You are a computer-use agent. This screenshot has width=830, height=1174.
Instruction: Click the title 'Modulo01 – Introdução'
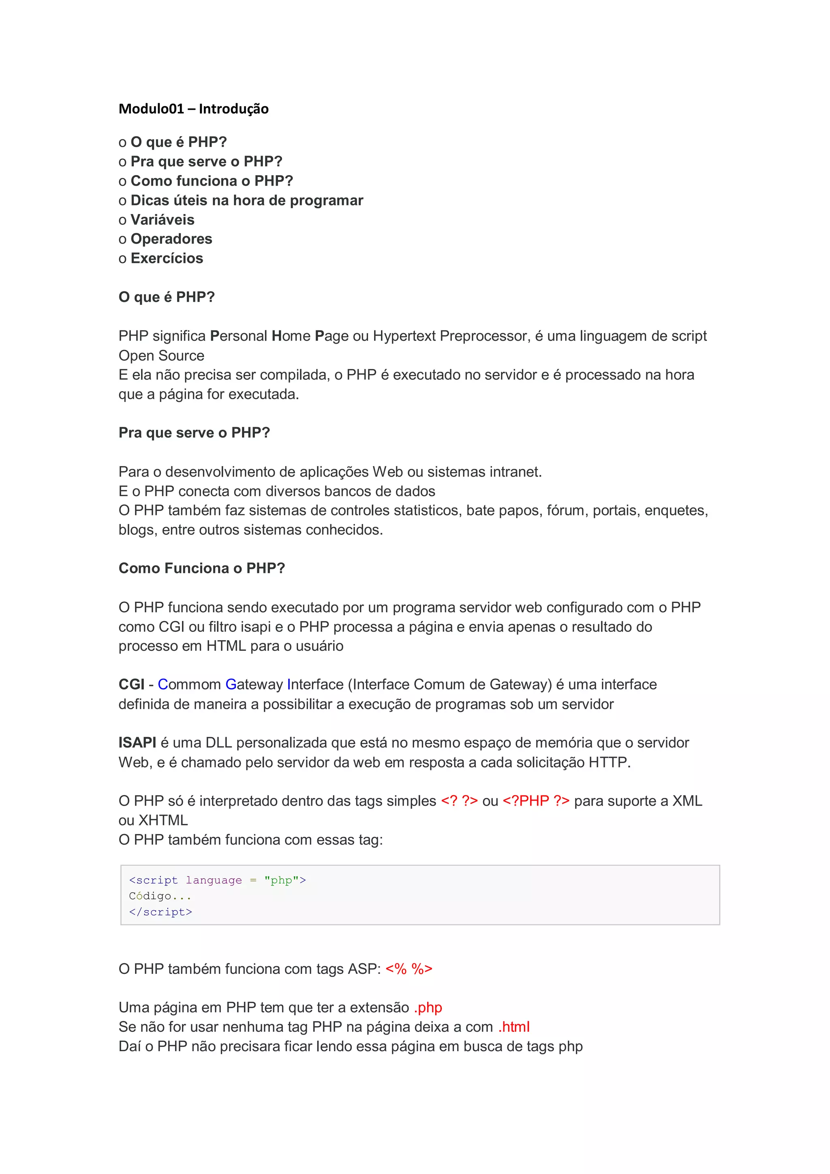pyautogui.click(x=193, y=109)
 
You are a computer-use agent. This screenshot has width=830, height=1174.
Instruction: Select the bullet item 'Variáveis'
pyautogui.click(x=162, y=220)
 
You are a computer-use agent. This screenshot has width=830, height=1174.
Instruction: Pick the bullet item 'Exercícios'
pyautogui.click(x=167, y=258)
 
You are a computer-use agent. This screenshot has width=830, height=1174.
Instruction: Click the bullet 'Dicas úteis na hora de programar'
pyautogui.click(x=246, y=201)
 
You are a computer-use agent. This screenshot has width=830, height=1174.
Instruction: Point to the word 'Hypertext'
pyautogui.click(x=404, y=336)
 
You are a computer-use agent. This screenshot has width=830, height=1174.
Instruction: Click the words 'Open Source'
pyautogui.click(x=161, y=355)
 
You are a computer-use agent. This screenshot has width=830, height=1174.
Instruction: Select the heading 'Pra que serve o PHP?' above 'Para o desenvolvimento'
pyautogui.click(x=194, y=432)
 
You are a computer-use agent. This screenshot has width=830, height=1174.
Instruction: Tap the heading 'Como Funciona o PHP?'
pyautogui.click(x=201, y=568)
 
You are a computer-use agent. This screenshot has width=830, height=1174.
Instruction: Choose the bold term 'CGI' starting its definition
pyautogui.click(x=131, y=684)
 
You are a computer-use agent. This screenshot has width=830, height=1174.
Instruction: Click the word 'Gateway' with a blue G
pyautogui.click(x=254, y=684)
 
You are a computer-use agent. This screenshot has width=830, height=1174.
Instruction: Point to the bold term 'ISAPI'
pyautogui.click(x=137, y=742)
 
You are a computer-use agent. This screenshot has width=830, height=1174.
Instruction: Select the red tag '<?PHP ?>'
pyautogui.click(x=535, y=801)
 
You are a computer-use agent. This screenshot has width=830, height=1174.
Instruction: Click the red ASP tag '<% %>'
pyautogui.click(x=409, y=969)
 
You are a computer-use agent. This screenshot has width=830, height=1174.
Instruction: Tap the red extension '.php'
pyautogui.click(x=428, y=1007)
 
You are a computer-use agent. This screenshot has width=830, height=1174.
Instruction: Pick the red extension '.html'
pyautogui.click(x=513, y=1027)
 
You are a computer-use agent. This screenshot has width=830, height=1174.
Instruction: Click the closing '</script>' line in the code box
pyautogui.click(x=160, y=912)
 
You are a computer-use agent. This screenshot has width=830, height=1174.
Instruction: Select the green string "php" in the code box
pyautogui.click(x=281, y=880)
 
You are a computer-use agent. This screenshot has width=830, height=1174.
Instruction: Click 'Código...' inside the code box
pyautogui.click(x=160, y=896)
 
